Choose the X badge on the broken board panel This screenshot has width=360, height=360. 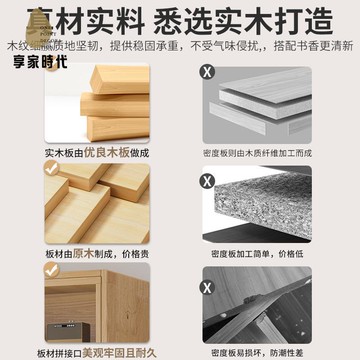click(x=207, y=272)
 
